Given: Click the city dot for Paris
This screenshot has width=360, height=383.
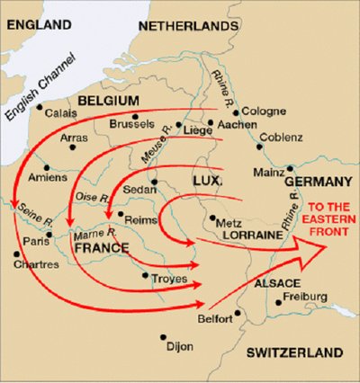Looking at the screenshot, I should click(50, 235).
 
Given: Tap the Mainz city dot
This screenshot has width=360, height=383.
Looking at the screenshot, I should click(291, 168).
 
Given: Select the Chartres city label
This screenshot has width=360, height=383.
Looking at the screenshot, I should click(37, 265).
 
